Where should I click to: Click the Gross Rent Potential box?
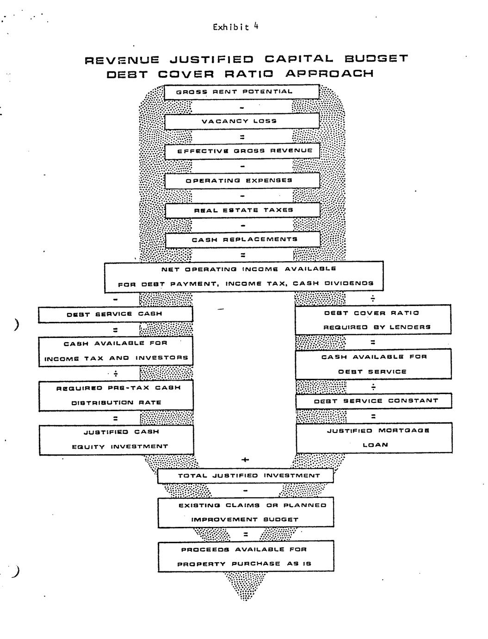(x=242, y=92)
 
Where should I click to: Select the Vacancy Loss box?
(x=242, y=121)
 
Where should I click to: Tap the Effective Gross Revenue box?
(x=242, y=151)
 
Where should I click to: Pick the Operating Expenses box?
(x=242, y=181)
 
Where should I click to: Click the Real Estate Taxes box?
(x=242, y=210)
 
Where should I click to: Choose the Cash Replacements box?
(x=242, y=240)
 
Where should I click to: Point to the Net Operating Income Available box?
(x=244, y=276)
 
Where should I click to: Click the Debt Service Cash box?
(x=115, y=314)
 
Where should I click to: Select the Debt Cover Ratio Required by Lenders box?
(x=373, y=320)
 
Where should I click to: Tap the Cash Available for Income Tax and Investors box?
(x=116, y=351)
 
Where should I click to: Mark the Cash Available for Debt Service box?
(x=373, y=364)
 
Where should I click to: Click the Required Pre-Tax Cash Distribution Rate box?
(x=116, y=395)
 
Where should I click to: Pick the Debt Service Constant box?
(x=374, y=401)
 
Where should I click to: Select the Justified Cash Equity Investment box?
(x=116, y=439)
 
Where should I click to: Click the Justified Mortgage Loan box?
(x=374, y=438)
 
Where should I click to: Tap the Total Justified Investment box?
(x=245, y=476)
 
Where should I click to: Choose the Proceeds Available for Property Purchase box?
(x=246, y=557)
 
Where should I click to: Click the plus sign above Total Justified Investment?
(x=245, y=460)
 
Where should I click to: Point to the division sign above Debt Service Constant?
(x=373, y=387)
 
